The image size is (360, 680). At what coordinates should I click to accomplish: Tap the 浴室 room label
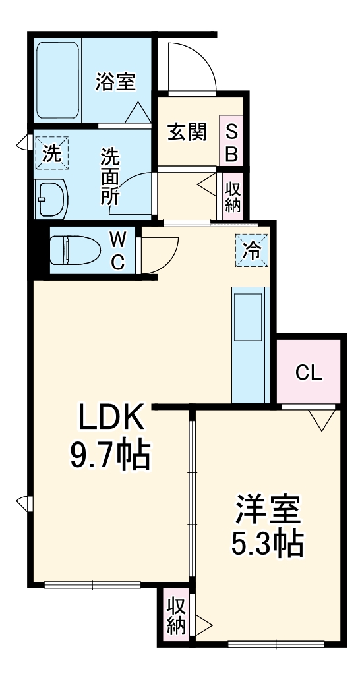click(115, 82)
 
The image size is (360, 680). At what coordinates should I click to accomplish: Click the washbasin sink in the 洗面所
click(51, 196)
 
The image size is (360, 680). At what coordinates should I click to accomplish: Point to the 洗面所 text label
click(109, 176)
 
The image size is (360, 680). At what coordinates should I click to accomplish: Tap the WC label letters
click(117, 250)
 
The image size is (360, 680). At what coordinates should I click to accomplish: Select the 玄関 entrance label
click(187, 132)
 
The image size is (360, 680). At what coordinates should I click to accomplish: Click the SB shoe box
click(233, 143)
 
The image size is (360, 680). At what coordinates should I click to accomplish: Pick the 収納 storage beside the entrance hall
click(233, 196)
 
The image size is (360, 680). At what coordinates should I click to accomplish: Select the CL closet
click(309, 373)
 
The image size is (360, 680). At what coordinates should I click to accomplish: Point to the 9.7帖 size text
click(111, 455)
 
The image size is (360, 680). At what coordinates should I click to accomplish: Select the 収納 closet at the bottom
click(175, 615)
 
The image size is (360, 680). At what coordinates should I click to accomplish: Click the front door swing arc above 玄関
click(192, 66)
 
